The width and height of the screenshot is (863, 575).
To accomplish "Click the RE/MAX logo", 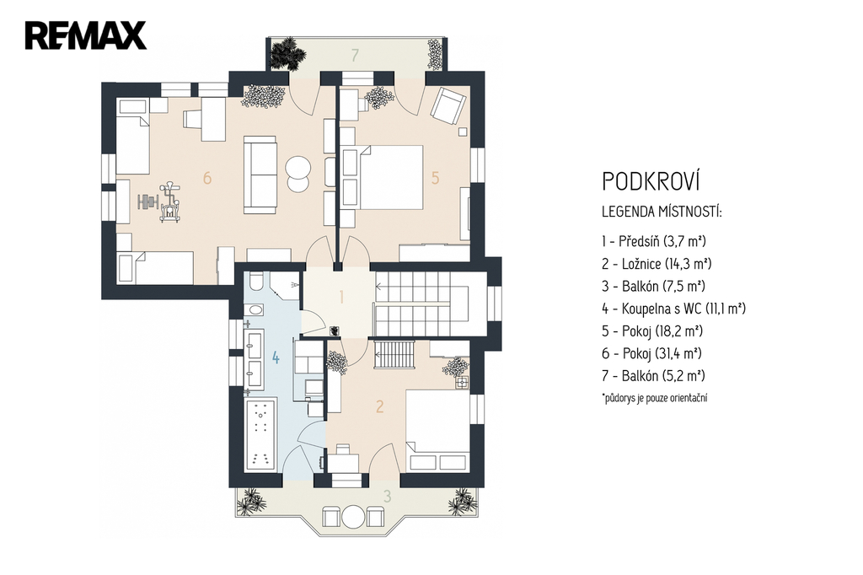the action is pos(85,35).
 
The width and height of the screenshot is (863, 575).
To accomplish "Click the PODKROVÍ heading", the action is pos(651,181).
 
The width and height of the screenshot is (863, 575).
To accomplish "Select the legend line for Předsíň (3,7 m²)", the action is pos(654,241).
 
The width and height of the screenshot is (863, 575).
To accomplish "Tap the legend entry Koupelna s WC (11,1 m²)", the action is pos(673,309).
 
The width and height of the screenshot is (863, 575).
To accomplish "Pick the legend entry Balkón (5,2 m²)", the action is pos(653,376).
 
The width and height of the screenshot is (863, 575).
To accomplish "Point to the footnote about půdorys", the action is pos(655,397).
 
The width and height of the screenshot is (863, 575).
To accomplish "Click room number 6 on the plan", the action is pos(207,178).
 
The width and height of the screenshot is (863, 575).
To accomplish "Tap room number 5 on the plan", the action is pos(436,178).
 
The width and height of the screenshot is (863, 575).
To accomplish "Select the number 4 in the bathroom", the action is pos(276,358).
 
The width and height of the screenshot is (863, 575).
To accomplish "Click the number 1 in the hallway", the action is pos(342,298).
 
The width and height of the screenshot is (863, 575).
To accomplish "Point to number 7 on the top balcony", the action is pos(356,55).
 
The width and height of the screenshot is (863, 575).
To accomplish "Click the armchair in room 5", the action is pos(448,105).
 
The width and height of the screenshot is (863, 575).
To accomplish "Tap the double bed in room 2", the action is pos(438,430).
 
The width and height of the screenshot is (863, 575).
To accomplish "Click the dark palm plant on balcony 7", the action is pos(288,53).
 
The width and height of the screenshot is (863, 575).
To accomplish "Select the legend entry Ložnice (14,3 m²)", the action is pos(657,264).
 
